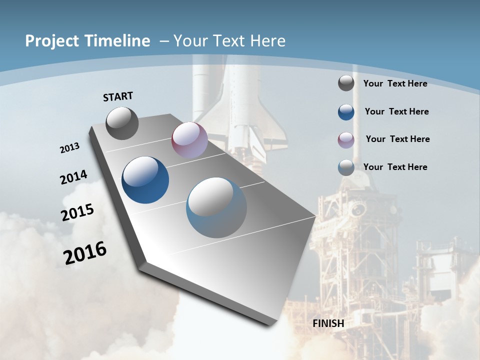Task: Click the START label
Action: pos(118,96)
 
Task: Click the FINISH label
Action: pos(328,323)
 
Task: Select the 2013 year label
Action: pos(70,148)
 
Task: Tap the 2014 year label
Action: pos(73,177)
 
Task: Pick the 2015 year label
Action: pos(77,212)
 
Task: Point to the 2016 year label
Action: pos(85,252)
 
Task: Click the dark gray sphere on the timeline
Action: pos(122,123)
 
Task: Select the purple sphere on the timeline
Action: pos(189,140)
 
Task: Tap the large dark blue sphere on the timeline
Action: pos(145,180)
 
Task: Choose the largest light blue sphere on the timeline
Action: pos(216,207)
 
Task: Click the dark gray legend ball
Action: pos(346,83)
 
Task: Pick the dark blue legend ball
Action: pos(346,112)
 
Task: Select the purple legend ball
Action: pos(346,139)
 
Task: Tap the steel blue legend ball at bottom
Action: pos(346,167)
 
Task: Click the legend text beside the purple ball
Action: pos(397,139)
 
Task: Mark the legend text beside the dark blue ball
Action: pos(396,111)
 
